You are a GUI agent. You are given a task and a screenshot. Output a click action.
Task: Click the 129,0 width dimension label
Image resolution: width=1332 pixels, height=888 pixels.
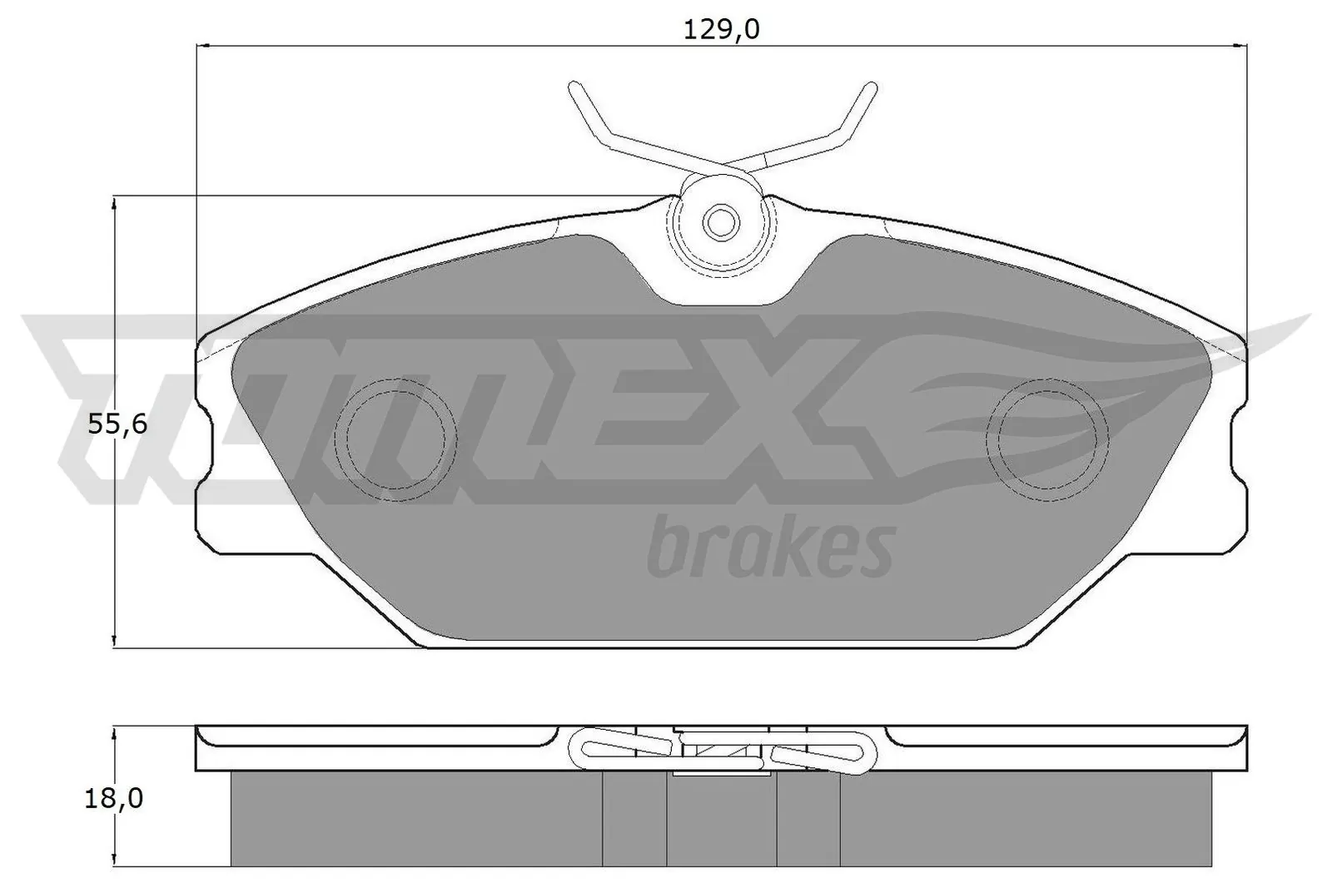(x=721, y=30)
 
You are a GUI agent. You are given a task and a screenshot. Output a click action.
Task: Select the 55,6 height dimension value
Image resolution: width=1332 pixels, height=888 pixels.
(x=117, y=425)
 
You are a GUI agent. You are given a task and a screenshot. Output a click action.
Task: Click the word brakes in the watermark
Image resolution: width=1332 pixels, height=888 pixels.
(x=769, y=547)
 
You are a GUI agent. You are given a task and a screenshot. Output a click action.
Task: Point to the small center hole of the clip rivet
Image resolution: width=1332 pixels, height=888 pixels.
(x=720, y=221)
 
